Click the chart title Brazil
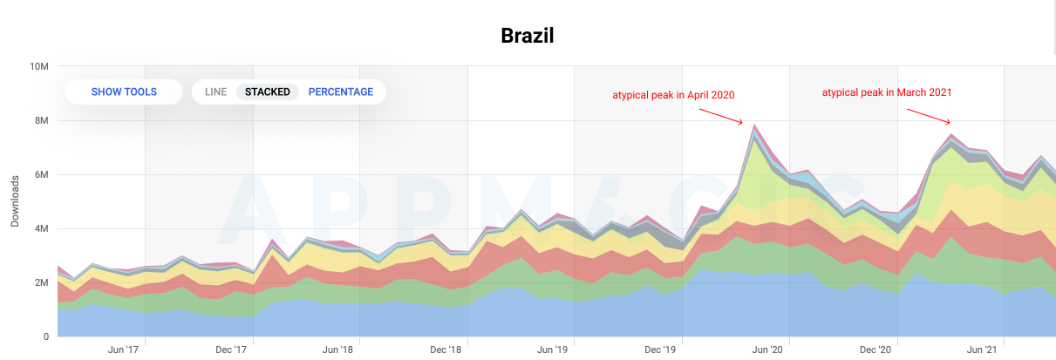pos(527,36)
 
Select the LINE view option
pos(215,92)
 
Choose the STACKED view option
pos(268,92)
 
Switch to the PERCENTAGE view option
pos(340,92)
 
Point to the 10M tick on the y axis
pos(39,66)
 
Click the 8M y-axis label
pos(42,120)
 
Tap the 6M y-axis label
pos(42,175)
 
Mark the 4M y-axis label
pos(42,228)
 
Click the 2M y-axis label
pos(42,282)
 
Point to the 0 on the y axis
pos(46,337)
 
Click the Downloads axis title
pos(15,201)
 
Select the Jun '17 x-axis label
pos(123,350)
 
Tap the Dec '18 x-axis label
pos(446,350)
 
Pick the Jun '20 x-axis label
pos(767,350)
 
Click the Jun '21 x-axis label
pos(982,350)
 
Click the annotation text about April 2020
pos(673,95)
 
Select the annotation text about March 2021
pos(887,92)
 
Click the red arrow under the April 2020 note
pos(721,117)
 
